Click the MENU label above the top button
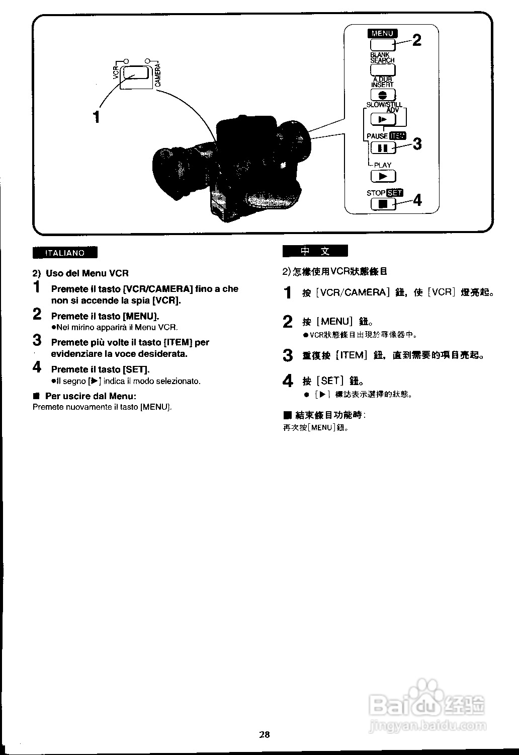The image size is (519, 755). pos(382,33)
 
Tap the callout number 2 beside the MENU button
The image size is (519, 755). pos(417,40)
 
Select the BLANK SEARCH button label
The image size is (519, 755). pos(382,57)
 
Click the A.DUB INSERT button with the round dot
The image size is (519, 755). pos(383,95)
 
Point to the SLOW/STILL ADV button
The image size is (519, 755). pos(383,119)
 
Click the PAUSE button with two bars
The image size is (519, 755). pos(383,148)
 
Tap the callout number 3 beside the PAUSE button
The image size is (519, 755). pos(417,144)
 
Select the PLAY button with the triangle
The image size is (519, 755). pos(383,176)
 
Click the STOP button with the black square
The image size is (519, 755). pos(383,204)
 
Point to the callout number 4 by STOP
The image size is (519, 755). pos(417,200)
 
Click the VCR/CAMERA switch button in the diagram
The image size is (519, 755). pos(135,72)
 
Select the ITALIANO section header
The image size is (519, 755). pos(65,253)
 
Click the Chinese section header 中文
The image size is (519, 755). pos(315,251)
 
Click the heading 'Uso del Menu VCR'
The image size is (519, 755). pos(87,273)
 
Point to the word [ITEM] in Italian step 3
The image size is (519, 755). pos(179,342)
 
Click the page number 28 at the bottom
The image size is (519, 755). pos(265,734)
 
